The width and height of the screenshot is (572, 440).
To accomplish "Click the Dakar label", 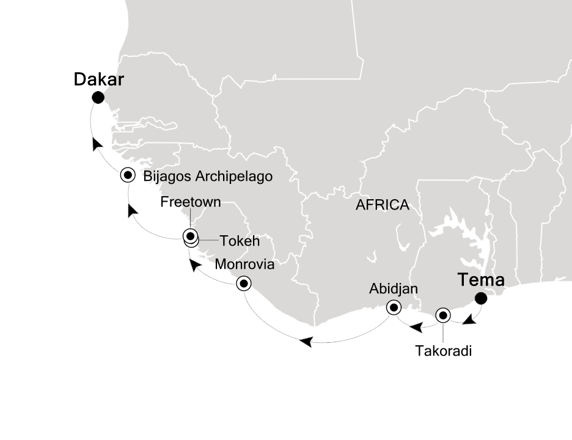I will point(99,80).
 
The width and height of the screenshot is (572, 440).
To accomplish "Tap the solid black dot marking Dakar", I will point(97,97).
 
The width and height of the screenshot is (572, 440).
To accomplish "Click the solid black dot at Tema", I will point(482,298).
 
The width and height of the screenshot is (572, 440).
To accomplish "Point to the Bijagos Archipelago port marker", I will point(128,175).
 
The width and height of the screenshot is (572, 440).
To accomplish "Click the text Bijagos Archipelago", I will point(207,177).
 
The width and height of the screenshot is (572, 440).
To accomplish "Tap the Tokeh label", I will point(240,241).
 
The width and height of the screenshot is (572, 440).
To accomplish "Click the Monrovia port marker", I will point(244,284).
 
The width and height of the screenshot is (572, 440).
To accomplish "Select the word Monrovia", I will point(244,265).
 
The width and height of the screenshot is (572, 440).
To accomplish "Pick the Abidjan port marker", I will point(394,307).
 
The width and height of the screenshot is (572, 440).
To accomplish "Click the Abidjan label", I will point(394,288).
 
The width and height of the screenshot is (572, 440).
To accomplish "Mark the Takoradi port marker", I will point(443,315).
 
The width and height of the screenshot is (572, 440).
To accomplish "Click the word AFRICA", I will point(383,205).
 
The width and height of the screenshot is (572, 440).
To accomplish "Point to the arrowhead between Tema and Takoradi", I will point(469,320).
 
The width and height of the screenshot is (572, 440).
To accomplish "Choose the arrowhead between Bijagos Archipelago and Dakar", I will point(97,144).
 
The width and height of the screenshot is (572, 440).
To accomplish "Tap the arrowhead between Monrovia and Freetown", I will point(194,265).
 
